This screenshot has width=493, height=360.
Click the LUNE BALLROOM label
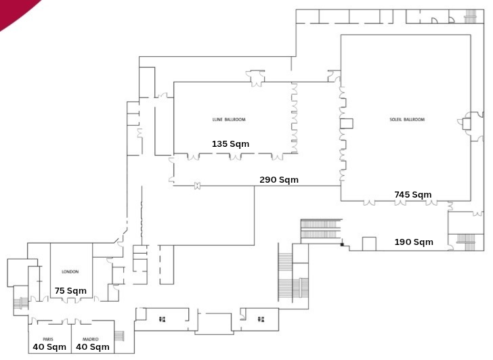pyautogui.click(x=229, y=120)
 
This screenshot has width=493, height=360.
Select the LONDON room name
pyautogui.click(x=70, y=271)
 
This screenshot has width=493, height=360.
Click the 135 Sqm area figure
pyautogui.click(x=230, y=144)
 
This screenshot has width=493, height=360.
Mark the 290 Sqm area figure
pyautogui.click(x=279, y=180)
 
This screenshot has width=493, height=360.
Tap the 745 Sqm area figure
pyautogui.click(x=412, y=195)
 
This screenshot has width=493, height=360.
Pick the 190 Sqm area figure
pyautogui.click(x=414, y=242)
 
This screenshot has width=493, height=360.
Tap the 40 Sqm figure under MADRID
pyautogui.click(x=93, y=347)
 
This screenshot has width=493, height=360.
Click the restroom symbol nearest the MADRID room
pyautogui.click(x=163, y=319)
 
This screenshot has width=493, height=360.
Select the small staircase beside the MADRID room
pyautogui.click(x=121, y=336)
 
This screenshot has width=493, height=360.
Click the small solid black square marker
pyautogui.click(x=343, y=244)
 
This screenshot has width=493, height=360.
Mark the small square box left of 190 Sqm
pyautogui.click(x=369, y=244)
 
